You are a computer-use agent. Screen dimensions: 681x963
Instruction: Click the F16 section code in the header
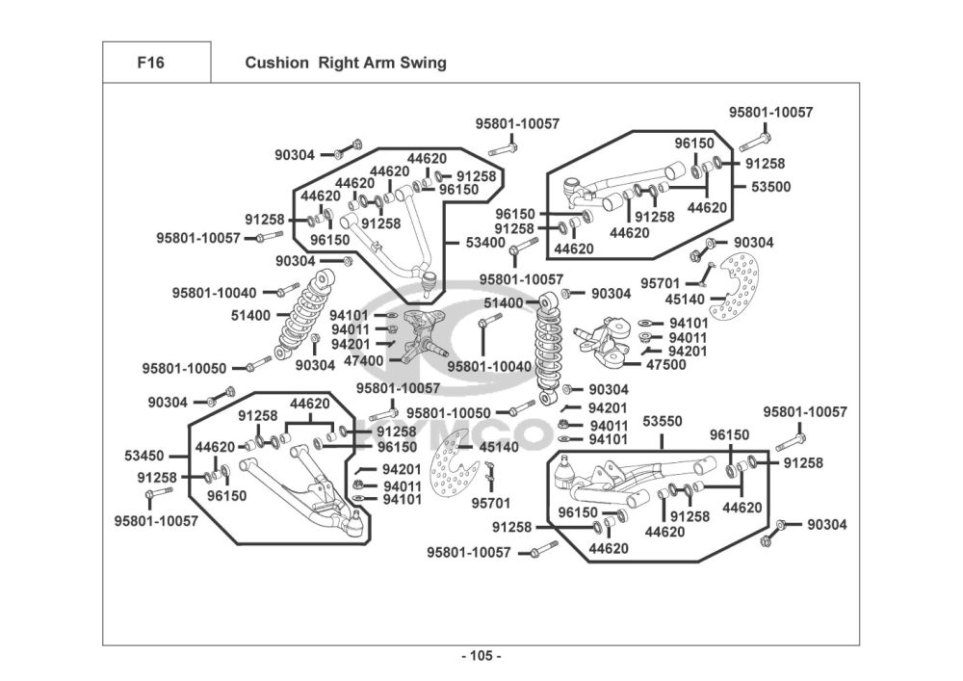click(x=150, y=64)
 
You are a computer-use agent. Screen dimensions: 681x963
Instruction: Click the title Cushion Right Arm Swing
click(x=345, y=64)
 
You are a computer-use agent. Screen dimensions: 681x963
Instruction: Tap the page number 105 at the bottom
click(x=481, y=656)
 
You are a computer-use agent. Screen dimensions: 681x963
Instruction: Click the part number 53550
click(x=663, y=422)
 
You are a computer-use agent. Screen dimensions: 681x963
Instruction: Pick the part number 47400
click(x=363, y=360)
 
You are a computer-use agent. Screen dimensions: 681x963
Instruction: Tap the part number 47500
click(x=665, y=365)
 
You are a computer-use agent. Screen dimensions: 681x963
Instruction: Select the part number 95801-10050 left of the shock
click(x=184, y=368)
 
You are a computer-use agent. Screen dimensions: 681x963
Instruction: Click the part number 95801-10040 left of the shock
click(x=215, y=292)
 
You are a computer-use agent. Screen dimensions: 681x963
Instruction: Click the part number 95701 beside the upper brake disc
click(x=660, y=283)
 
